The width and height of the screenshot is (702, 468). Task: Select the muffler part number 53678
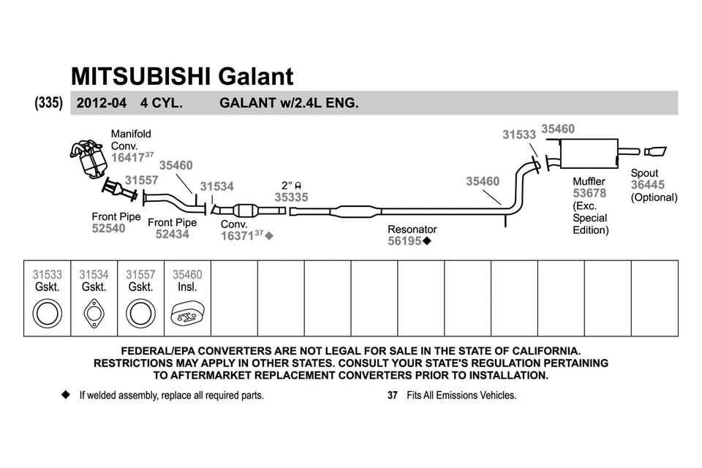589,193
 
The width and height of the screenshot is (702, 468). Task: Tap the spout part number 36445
648,185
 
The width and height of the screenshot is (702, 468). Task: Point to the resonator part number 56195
404,241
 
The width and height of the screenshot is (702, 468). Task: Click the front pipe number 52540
108,228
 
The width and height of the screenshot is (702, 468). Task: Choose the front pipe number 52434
172,234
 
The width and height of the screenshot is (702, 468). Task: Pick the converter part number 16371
238,236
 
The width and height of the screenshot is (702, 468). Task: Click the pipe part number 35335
291,197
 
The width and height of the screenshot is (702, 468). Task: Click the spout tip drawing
655,151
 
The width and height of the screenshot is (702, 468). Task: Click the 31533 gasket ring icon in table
48,314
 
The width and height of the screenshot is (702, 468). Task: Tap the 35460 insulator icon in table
187,316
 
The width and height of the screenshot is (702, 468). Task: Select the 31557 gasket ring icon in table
140,314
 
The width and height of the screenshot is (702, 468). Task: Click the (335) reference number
48,103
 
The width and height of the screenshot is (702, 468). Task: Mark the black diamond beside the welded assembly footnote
65,395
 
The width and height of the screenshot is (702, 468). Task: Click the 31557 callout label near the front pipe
141,180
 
